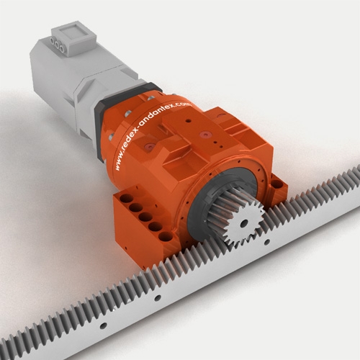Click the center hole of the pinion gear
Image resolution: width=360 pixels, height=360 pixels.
coord(244,223)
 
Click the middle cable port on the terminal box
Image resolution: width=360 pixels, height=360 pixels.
coord(57,45)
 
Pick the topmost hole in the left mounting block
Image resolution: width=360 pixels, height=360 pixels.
coord(127,199)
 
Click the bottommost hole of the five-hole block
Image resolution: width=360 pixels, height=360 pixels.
coord(165,237)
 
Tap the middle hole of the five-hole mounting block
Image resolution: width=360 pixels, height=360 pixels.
coord(145,217)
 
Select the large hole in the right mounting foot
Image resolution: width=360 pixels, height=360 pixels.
coord(276,184)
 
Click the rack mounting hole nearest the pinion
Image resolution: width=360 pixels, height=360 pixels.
coord(267,242)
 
